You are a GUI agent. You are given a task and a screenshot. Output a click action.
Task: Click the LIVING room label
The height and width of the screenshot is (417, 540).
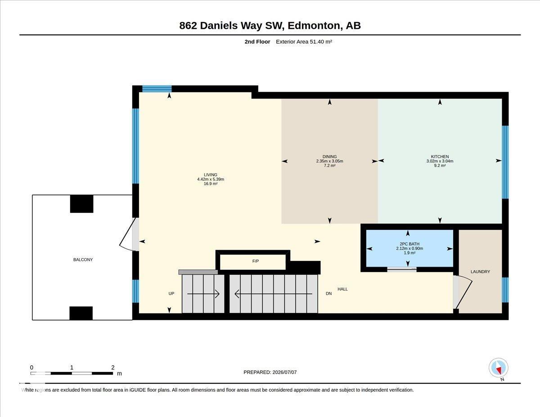[211, 175]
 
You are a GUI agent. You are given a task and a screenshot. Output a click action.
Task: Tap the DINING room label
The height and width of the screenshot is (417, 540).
[329, 157]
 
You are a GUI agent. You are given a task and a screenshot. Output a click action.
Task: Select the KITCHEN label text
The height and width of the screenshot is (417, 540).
[440, 157]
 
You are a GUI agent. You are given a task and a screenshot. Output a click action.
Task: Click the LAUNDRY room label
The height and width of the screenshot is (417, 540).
[480, 271]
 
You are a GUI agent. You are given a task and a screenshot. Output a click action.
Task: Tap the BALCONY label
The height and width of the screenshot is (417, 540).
[83, 260]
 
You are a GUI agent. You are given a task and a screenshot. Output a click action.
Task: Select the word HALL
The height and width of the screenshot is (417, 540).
[342, 289]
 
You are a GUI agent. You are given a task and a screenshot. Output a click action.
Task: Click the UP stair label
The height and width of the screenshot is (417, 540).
[171, 293]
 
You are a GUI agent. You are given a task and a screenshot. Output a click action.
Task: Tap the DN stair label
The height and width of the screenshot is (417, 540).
[328, 293]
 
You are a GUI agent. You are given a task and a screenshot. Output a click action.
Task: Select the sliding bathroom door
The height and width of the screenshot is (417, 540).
[401, 269]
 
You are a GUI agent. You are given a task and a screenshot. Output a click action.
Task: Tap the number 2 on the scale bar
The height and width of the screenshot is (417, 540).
[113, 368]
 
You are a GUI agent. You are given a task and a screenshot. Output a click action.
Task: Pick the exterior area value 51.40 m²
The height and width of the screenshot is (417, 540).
[317, 41]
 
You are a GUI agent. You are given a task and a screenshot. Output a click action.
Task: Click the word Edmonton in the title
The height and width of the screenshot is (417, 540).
[314, 26]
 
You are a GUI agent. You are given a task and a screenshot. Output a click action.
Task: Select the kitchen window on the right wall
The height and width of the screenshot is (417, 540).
[505, 162]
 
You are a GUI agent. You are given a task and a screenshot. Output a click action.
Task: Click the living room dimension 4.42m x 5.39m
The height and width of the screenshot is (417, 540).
[211, 179]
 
